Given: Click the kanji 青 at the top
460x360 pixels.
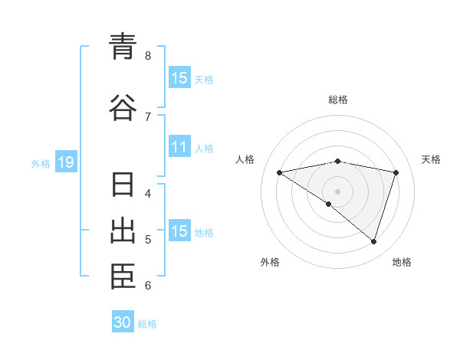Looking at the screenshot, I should tap(123, 47).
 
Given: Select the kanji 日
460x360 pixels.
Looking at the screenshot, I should tap(123, 186).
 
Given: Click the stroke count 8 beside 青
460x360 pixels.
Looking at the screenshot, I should tap(148, 55).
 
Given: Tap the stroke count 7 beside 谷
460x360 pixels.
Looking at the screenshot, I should tap(148, 116).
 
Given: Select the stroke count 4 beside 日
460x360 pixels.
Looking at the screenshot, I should tap(148, 193).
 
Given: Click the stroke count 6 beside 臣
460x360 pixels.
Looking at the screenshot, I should tap(148, 286).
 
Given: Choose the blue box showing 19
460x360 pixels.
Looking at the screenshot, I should tap(65, 162).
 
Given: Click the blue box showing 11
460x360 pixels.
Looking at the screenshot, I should tap(179, 147).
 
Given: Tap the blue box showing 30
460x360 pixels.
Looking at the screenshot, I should tap(123, 322).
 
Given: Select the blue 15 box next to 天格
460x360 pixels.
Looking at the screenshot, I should tap(179, 78).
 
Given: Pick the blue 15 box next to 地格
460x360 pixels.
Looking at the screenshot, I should tap(179, 231).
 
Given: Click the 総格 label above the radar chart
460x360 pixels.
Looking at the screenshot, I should tap(338, 100).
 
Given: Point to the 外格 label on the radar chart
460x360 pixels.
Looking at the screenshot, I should tap(270, 262).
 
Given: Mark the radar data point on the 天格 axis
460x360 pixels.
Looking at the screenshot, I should tap(396, 172).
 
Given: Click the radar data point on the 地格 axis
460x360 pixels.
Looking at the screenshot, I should tap(373, 241).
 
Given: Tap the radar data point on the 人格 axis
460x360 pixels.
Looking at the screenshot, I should tap(280, 172).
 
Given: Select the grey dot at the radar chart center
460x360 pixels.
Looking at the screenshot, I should tap(337, 190).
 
